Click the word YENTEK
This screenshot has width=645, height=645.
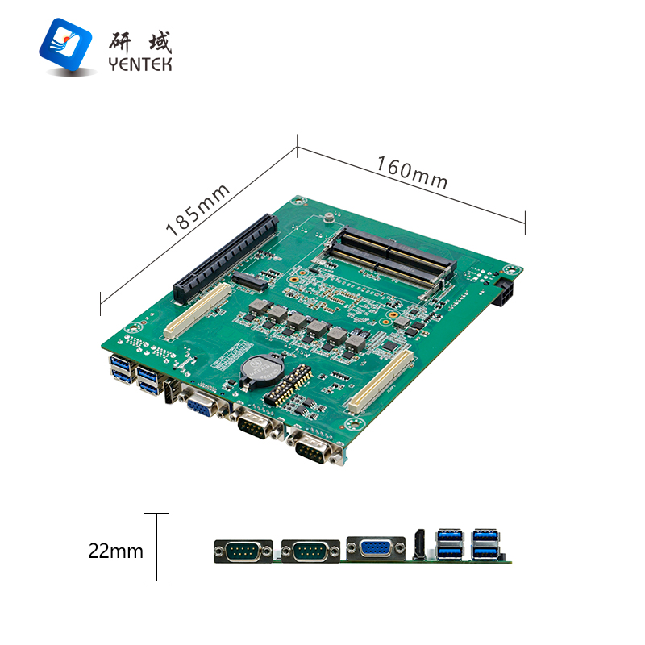tap(139, 64)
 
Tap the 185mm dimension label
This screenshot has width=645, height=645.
tap(197, 210)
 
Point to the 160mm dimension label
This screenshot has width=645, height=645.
tap(412, 173)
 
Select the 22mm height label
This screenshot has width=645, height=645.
tap(115, 551)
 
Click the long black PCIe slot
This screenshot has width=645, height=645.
tap(226, 259)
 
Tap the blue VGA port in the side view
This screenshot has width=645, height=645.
tap(376, 549)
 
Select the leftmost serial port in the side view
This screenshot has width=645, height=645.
tap(243, 551)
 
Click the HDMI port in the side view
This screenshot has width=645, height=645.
tap(419, 545)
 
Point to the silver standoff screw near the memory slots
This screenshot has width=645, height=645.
tap(329, 217)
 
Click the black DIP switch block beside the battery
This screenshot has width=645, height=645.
tap(289, 385)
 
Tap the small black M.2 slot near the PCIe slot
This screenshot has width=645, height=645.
tap(249, 281)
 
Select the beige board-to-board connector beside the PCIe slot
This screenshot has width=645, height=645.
tap(198, 310)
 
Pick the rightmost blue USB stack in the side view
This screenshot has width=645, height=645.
tap(486, 543)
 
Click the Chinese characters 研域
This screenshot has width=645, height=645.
tap(139, 43)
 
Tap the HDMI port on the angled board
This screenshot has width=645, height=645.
tap(169, 391)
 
